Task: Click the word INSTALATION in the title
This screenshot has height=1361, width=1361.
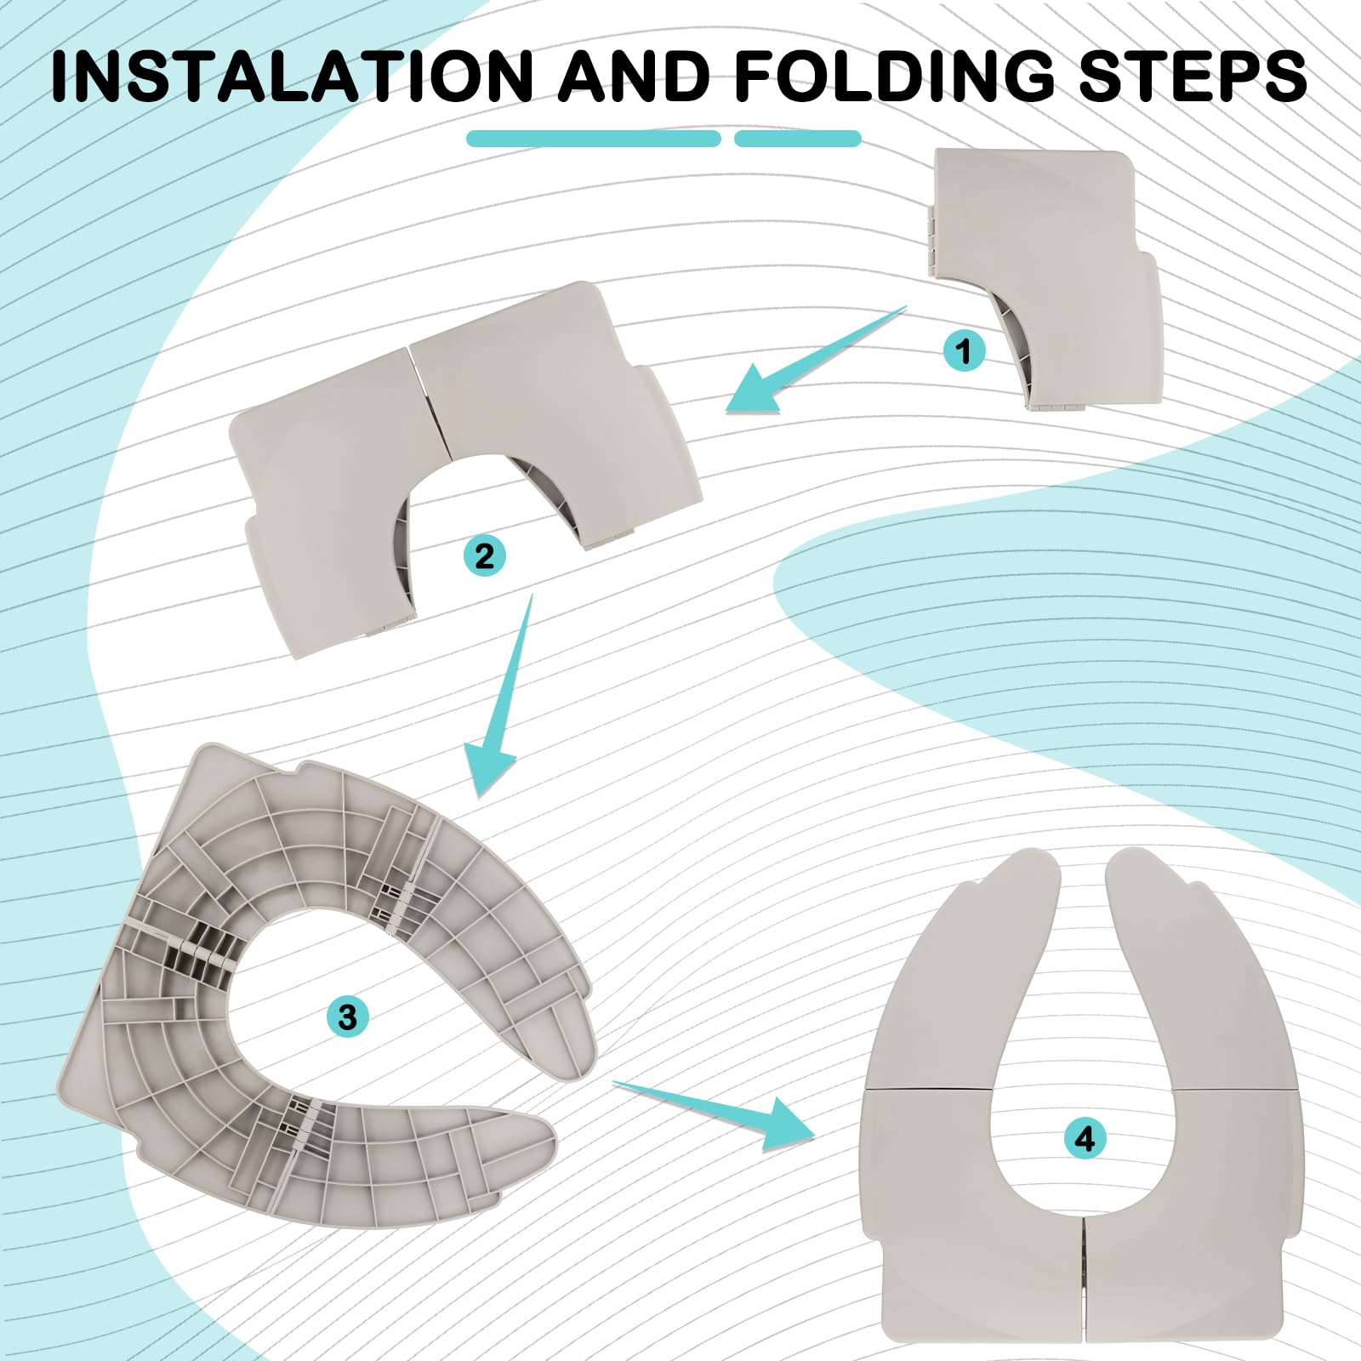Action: point(292,76)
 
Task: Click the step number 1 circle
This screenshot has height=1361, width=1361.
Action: point(964,350)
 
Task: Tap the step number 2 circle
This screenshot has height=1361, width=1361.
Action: point(484,556)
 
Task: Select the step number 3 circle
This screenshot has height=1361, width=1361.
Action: point(347,1016)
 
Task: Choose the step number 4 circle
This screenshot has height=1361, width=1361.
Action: point(1085,1138)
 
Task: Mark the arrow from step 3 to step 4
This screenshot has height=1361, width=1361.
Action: point(715,1110)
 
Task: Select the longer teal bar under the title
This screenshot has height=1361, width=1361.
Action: point(594,139)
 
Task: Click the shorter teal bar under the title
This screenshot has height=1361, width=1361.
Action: point(798,139)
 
